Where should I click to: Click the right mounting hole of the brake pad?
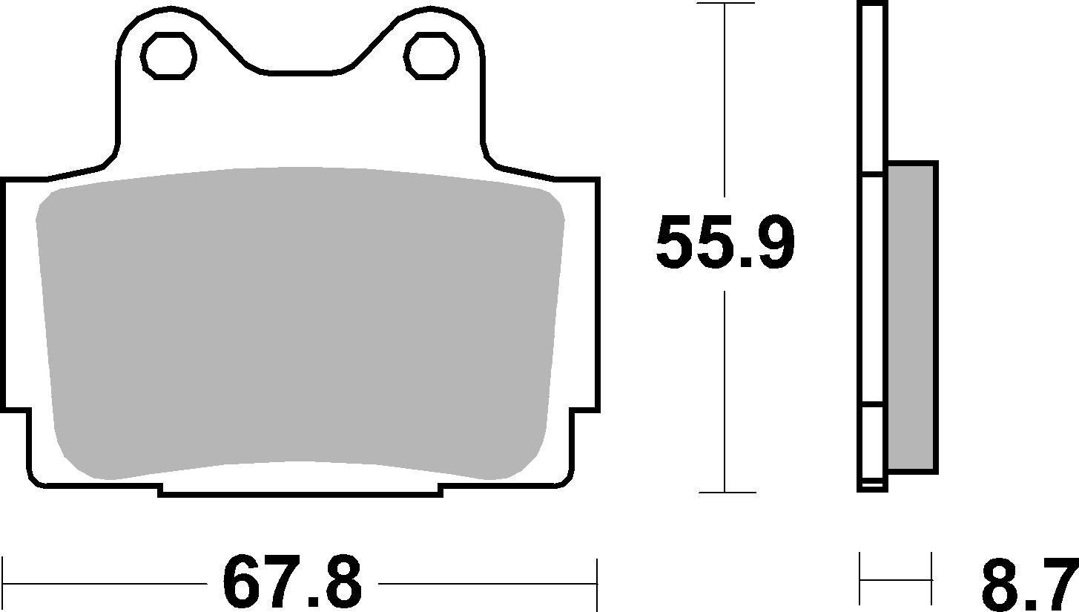(x=431, y=56)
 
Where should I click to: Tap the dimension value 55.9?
(x=725, y=243)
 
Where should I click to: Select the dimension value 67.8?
(x=292, y=583)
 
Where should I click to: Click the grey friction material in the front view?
(x=300, y=319)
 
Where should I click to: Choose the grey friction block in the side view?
(x=911, y=317)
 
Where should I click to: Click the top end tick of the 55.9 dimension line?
(x=725, y=4)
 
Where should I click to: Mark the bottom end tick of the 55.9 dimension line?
(x=725, y=492)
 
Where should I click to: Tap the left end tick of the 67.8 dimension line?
(x=4, y=583)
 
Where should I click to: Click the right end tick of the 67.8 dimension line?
(x=596, y=583)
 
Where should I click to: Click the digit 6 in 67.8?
(x=245, y=583)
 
